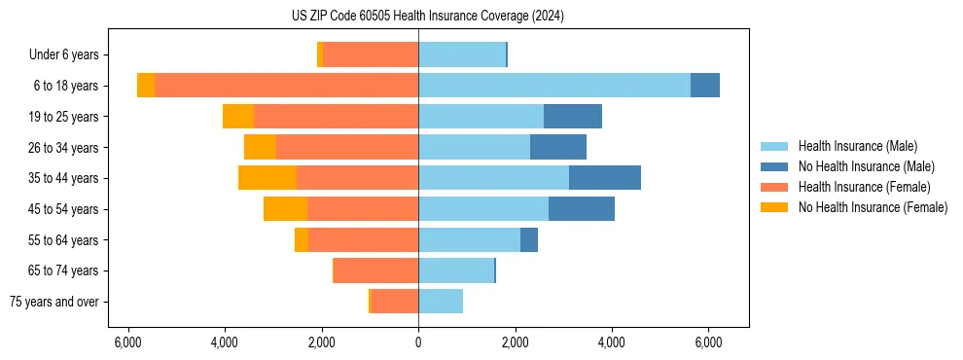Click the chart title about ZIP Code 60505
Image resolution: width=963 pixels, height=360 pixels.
tap(427, 16)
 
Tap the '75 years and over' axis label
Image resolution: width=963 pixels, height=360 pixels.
tap(53, 302)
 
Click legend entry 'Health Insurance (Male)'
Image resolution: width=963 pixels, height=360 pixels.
tap(857, 146)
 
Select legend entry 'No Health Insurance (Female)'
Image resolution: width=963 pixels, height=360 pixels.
tap(873, 207)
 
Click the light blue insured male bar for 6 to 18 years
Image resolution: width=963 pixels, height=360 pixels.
tap(554, 86)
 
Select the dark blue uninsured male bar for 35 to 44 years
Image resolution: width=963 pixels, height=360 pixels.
tap(605, 178)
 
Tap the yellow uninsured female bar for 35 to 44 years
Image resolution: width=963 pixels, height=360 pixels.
tap(267, 178)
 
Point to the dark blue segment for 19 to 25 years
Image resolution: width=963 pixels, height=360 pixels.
tap(573, 117)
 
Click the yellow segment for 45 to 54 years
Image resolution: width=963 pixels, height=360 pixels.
tap(285, 209)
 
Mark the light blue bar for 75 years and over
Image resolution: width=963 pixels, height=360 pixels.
tap(441, 302)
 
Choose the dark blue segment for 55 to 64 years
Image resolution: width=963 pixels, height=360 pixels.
tap(529, 239)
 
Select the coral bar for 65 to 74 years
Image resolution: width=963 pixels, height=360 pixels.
tap(376, 270)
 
